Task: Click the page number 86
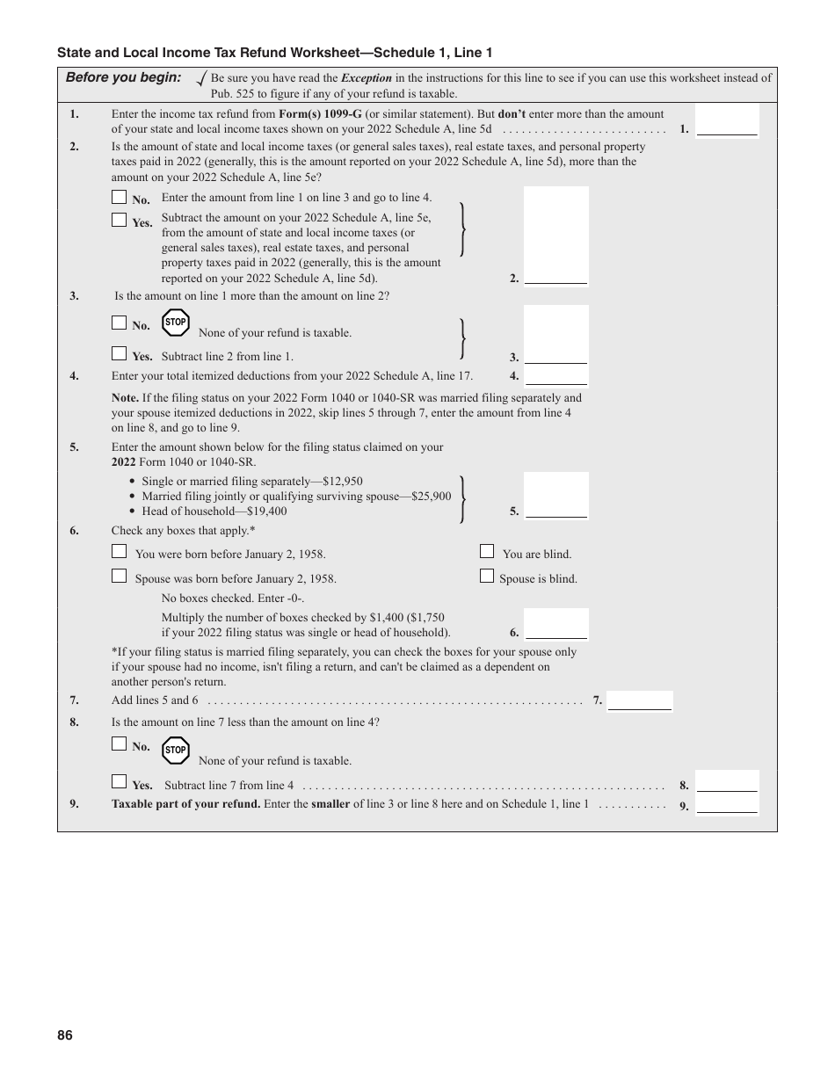coord(65,1035)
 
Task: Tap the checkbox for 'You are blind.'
coord(487,552)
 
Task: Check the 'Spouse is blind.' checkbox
coord(487,577)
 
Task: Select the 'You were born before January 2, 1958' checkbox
coord(120,552)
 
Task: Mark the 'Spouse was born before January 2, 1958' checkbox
coord(120,577)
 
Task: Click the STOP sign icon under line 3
coord(176,323)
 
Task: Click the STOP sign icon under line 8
coord(176,751)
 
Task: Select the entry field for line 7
coord(640,700)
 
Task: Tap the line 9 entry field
coord(727,804)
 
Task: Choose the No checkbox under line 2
coord(120,198)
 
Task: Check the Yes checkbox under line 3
coord(120,354)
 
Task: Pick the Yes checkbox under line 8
coord(120,781)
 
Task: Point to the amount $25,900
coord(431,497)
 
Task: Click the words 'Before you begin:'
coord(123,77)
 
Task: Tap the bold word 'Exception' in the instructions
coord(366,78)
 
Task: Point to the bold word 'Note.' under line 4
coord(125,398)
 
